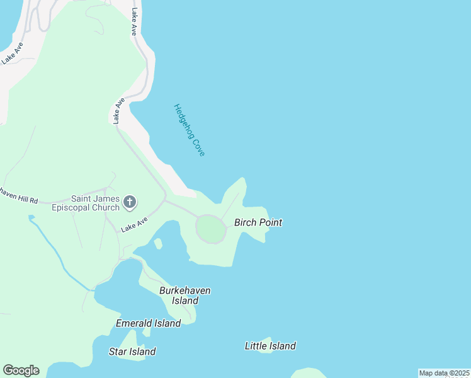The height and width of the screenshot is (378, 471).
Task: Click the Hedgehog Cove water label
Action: pos(190,130)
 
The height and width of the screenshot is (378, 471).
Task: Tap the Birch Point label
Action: pos(258,222)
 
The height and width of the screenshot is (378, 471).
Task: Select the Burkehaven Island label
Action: pos(184,295)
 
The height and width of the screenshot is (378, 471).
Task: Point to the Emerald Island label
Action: pos(148,323)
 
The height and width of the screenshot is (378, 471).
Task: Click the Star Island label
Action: pos(132,352)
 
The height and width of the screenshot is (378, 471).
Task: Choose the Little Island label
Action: pos(270,346)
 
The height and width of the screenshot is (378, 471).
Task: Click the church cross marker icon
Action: pos(130,202)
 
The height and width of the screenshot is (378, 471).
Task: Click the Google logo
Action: pos(21,370)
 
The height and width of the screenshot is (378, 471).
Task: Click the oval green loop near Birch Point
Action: pos(211,229)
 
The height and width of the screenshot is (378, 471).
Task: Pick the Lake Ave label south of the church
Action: pos(134,224)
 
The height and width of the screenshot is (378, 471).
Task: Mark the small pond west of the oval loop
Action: pos(158,243)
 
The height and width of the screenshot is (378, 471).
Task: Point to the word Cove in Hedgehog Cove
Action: pos(198,146)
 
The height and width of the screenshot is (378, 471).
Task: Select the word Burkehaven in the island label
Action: pos(184,290)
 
